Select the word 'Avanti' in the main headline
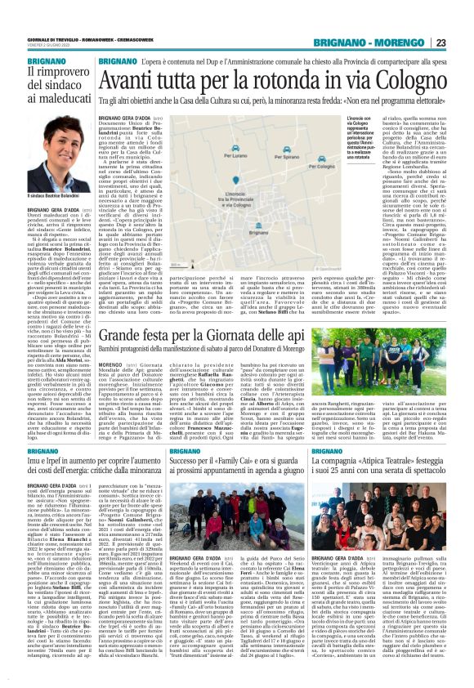(x=132, y=78)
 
